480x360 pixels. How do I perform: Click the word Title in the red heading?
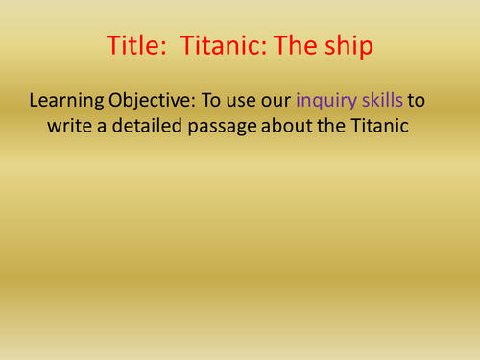pos(133,47)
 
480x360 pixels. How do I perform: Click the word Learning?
pos(68,100)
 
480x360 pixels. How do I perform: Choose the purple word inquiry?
pos(328,100)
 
